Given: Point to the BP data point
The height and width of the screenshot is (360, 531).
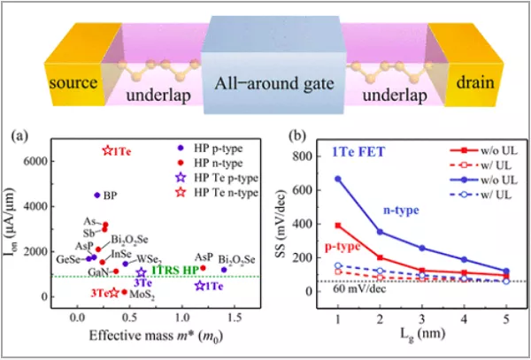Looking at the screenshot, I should [x=96, y=195].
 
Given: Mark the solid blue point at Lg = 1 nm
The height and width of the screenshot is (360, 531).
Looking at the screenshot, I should [x=337, y=179].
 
